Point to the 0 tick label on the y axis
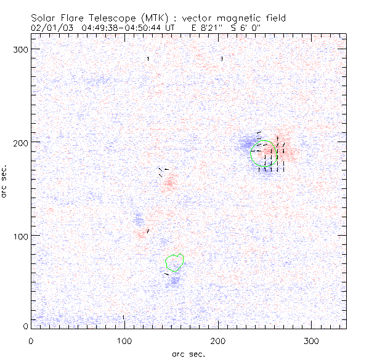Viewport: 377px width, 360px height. [x=24, y=327]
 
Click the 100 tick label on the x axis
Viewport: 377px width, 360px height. [x=124, y=340]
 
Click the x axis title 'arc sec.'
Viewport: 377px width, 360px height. [x=188, y=353]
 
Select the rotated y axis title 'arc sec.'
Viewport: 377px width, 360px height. [x=5, y=181]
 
